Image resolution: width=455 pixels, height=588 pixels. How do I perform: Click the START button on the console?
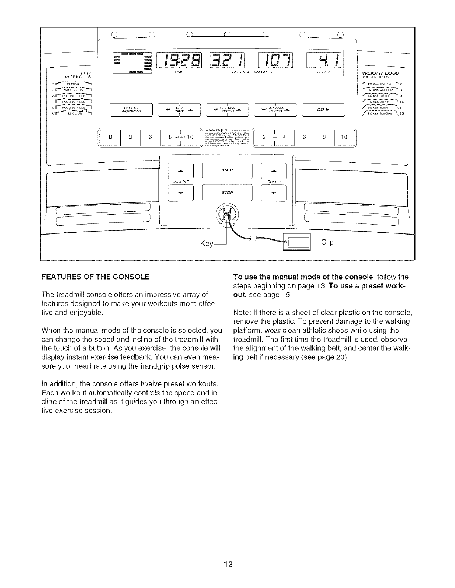pyautogui.click(x=227, y=171)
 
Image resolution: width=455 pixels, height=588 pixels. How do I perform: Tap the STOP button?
pyautogui.click(x=227, y=193)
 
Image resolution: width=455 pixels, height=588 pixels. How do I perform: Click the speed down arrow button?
pyautogui.click(x=274, y=193)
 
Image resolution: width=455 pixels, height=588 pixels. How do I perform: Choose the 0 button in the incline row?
pyautogui.click(x=110, y=137)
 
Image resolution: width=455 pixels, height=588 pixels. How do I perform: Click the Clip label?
pyautogui.click(x=327, y=242)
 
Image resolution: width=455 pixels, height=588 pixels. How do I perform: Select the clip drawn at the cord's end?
pyautogui.click(x=296, y=242)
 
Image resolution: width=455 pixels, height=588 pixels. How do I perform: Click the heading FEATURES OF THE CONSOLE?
pyautogui.click(x=96, y=277)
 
